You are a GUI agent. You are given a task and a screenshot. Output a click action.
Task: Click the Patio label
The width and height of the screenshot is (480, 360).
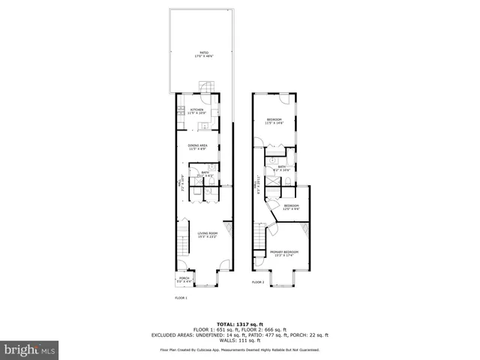[199, 52]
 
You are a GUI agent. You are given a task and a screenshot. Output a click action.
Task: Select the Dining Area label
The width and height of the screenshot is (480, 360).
[197, 146]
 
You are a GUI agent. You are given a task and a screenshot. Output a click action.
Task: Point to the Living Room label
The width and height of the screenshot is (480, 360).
[207, 235]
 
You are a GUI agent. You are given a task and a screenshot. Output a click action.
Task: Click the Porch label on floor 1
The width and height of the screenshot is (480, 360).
[184, 279]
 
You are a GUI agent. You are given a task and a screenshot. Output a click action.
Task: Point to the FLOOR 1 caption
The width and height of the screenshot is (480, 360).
[181, 298]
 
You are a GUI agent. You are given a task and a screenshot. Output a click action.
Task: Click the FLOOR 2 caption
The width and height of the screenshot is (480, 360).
[257, 283]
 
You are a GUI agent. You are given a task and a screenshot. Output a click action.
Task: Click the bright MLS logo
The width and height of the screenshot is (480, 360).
[30, 349]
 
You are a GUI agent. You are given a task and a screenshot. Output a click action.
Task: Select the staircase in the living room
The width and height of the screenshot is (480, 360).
[182, 240]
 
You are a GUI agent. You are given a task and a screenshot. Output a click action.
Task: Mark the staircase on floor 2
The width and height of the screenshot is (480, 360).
[259, 239]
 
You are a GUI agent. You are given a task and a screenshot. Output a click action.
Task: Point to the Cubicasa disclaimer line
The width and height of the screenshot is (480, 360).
[239, 349]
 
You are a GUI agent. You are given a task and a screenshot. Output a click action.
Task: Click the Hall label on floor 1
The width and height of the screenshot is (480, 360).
[180, 182]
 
